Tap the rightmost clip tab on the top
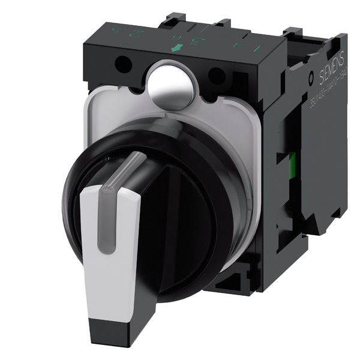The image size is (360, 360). (x=294, y=32)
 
